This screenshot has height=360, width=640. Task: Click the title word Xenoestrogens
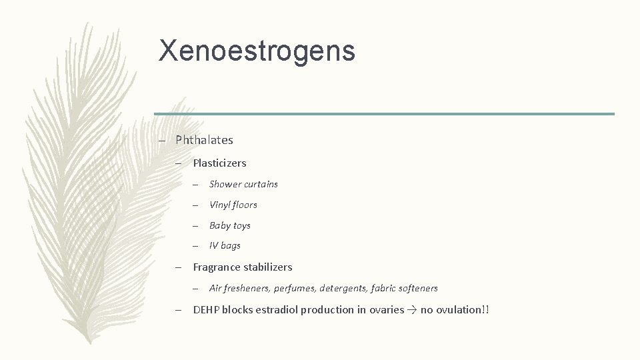257,51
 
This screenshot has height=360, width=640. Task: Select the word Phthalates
204,140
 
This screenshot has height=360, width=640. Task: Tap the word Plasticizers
219,163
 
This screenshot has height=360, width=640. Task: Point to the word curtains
261,184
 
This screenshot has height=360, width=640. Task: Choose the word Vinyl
219,205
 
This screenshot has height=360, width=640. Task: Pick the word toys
242,225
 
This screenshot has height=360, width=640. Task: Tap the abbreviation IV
213,245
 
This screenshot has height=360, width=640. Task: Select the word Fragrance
217,267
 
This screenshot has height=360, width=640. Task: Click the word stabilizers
268,267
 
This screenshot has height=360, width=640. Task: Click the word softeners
417,288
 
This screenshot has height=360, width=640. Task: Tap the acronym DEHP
206,309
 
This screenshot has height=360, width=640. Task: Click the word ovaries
387,309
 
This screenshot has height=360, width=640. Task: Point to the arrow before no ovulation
412,309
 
